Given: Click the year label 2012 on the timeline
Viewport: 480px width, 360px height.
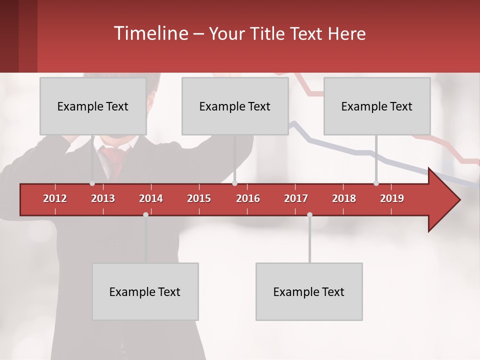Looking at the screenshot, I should pos(55,198).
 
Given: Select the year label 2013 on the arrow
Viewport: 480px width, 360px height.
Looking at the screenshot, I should pos(103,198).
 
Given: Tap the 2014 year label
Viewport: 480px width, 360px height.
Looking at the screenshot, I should pos(151,198).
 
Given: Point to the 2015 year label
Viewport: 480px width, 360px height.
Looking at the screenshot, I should pos(199,198).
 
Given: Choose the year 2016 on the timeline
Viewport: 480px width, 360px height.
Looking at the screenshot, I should pos(248,198).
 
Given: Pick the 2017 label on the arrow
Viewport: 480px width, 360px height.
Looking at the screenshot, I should pos(296,198).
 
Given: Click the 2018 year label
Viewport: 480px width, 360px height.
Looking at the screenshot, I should pos(344,198).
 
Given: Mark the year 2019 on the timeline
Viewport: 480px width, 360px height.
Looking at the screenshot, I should pos(392,198).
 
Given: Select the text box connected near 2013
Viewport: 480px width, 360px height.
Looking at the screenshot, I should pos(93,106).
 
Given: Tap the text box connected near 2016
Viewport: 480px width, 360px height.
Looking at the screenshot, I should pos(235,106).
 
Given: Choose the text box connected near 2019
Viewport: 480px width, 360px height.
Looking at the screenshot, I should pos(377,106).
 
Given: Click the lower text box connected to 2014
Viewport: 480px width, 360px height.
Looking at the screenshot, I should pos(145,291).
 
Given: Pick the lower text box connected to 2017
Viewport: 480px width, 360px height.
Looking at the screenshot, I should pos(309,291).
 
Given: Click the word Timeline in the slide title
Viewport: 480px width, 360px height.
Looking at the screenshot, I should pos(149,33).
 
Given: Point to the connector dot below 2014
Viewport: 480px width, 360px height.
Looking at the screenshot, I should pos(145,214).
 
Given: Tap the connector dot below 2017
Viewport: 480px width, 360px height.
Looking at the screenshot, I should pos(309,214).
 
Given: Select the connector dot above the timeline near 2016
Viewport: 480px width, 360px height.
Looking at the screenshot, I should pos(234,183).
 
